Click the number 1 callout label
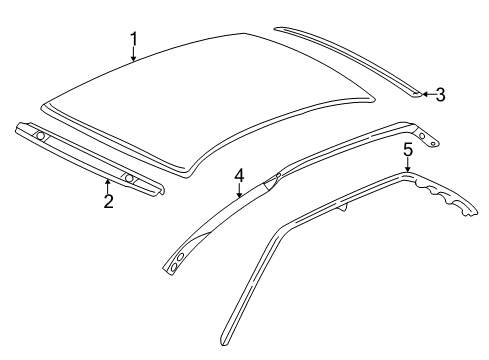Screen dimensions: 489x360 (133, 41)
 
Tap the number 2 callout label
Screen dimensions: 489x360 (108, 202)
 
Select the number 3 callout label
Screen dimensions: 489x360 (439, 95)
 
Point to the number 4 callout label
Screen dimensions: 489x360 (239, 177)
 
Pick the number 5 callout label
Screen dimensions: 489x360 (407, 150)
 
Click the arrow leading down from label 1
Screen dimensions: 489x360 (133, 56)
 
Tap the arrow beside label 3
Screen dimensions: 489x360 (424, 95)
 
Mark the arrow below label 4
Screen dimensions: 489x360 (239, 194)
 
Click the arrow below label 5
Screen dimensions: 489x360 (407, 166)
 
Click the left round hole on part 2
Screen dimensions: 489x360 (40, 135)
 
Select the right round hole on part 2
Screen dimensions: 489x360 (128, 178)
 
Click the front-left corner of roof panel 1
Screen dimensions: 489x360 (45, 103)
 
